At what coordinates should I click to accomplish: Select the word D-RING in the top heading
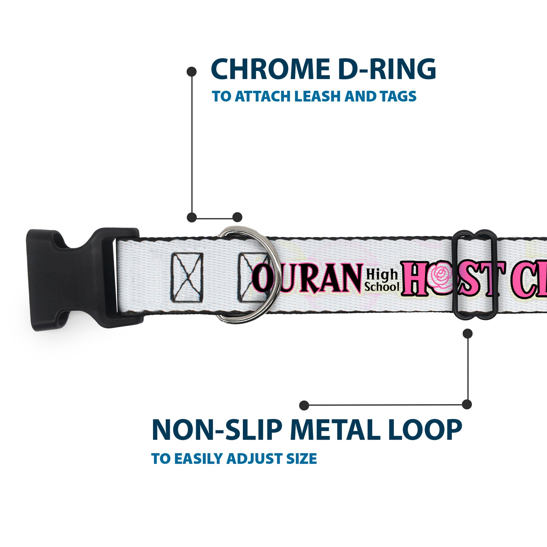click(x=387, y=69)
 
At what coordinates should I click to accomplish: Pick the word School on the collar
click(x=382, y=287)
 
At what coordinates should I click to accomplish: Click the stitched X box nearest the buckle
click(x=187, y=278)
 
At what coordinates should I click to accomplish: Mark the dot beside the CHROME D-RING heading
click(x=192, y=72)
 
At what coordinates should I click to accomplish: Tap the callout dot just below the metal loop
click(x=467, y=334)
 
